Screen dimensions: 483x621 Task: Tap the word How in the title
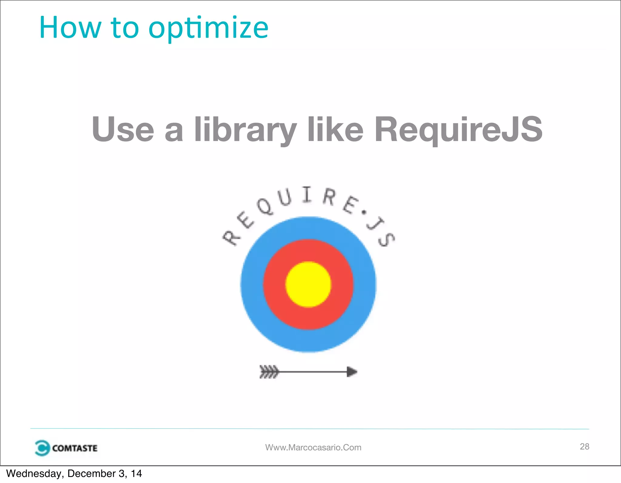click(x=70, y=28)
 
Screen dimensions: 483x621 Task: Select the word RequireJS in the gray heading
click(x=458, y=129)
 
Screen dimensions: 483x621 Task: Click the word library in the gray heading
click(x=245, y=129)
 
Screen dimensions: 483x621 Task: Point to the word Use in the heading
click(x=123, y=129)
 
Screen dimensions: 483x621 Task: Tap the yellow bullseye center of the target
click(x=308, y=284)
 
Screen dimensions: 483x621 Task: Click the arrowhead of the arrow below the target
click(x=352, y=372)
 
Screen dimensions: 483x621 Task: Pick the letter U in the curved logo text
click(x=285, y=197)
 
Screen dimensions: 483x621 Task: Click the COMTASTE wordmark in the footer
click(x=75, y=448)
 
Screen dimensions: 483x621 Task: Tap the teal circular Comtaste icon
click(x=42, y=448)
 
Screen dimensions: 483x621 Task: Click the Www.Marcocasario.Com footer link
click(x=313, y=448)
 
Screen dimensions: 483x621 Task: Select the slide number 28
click(x=584, y=446)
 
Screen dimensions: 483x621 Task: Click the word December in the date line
click(x=91, y=474)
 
